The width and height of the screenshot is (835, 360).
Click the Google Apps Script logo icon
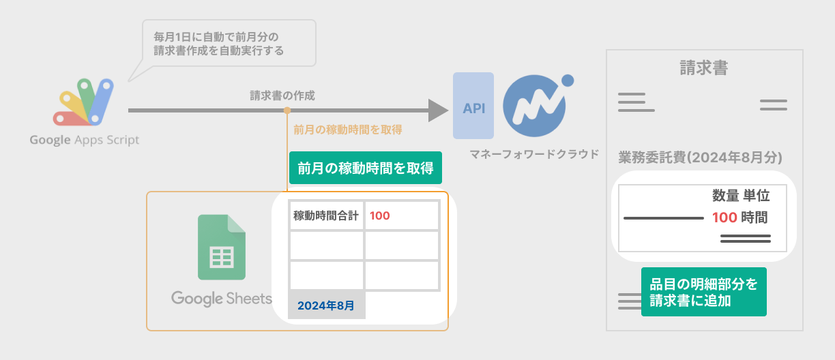pos(83,103)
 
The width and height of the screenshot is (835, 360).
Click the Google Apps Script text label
pos(84,140)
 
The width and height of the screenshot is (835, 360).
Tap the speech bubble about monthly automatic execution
pos(228,42)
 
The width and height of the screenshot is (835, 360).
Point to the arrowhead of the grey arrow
pos(437,110)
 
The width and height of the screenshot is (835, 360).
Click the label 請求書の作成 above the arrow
pos(282,96)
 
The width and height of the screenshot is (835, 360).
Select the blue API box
pos(473,106)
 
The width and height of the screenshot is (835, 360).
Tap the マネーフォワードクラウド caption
pos(534,154)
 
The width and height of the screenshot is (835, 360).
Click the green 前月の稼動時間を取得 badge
pos(366,168)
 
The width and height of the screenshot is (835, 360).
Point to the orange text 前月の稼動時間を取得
pos(347,130)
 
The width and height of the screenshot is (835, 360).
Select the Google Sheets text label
pos(222,299)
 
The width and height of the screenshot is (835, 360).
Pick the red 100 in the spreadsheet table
pos(380,216)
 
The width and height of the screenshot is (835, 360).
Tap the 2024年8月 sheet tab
pos(326,305)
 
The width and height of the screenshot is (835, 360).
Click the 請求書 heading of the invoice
pos(703,67)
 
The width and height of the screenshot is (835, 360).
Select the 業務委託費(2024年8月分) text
pos(700,157)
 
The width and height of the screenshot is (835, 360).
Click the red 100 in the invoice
pos(724,218)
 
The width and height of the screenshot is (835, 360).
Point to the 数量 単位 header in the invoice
pos(741,196)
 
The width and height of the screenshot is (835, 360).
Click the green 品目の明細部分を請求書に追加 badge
pos(703,292)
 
